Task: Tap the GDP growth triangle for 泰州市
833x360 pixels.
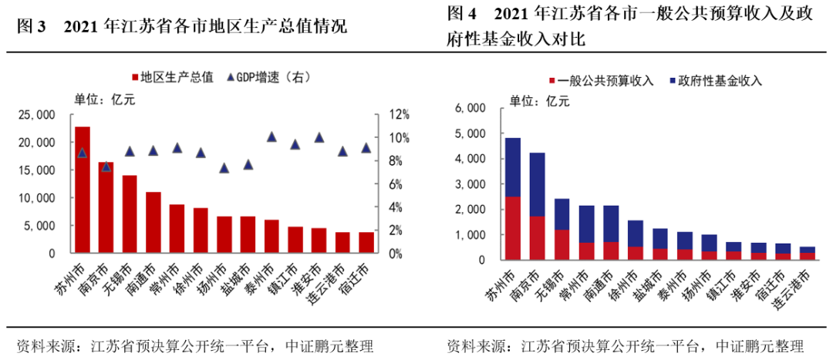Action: coord(271,137)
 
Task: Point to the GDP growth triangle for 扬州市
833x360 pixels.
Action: coord(224,167)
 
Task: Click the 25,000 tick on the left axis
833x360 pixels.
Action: coord(36,115)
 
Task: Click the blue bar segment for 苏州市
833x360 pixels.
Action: coord(513,167)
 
